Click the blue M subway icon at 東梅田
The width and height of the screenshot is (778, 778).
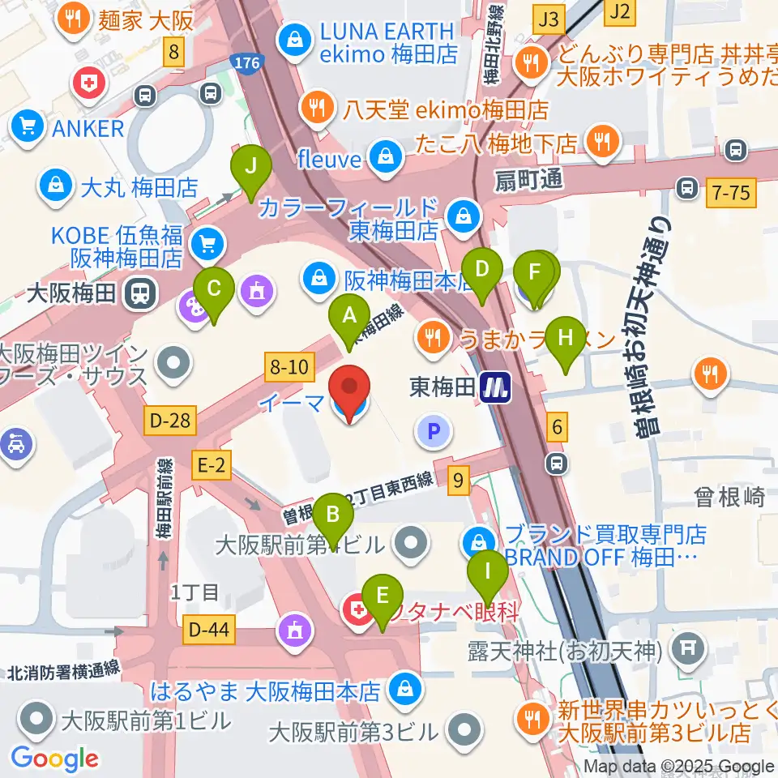[495, 387]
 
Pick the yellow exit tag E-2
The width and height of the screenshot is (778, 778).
[211, 464]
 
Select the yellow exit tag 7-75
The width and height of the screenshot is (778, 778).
[730, 192]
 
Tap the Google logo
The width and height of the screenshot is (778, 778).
[54, 758]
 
